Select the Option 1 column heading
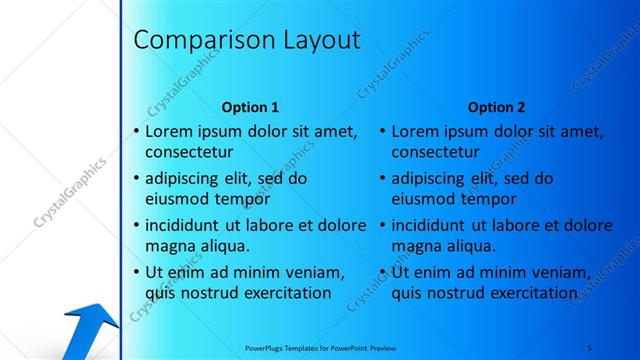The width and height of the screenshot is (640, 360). (x=250, y=107)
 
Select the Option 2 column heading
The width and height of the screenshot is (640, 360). (x=496, y=107)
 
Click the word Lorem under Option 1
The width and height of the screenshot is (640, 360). (x=169, y=131)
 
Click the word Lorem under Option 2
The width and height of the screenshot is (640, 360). (x=415, y=131)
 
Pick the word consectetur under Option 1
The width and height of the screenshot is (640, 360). (x=189, y=152)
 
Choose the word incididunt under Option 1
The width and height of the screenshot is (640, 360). (x=186, y=225)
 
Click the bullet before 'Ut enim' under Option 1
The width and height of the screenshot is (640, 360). (x=136, y=272)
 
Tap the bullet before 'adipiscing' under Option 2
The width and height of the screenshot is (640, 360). (x=382, y=179)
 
